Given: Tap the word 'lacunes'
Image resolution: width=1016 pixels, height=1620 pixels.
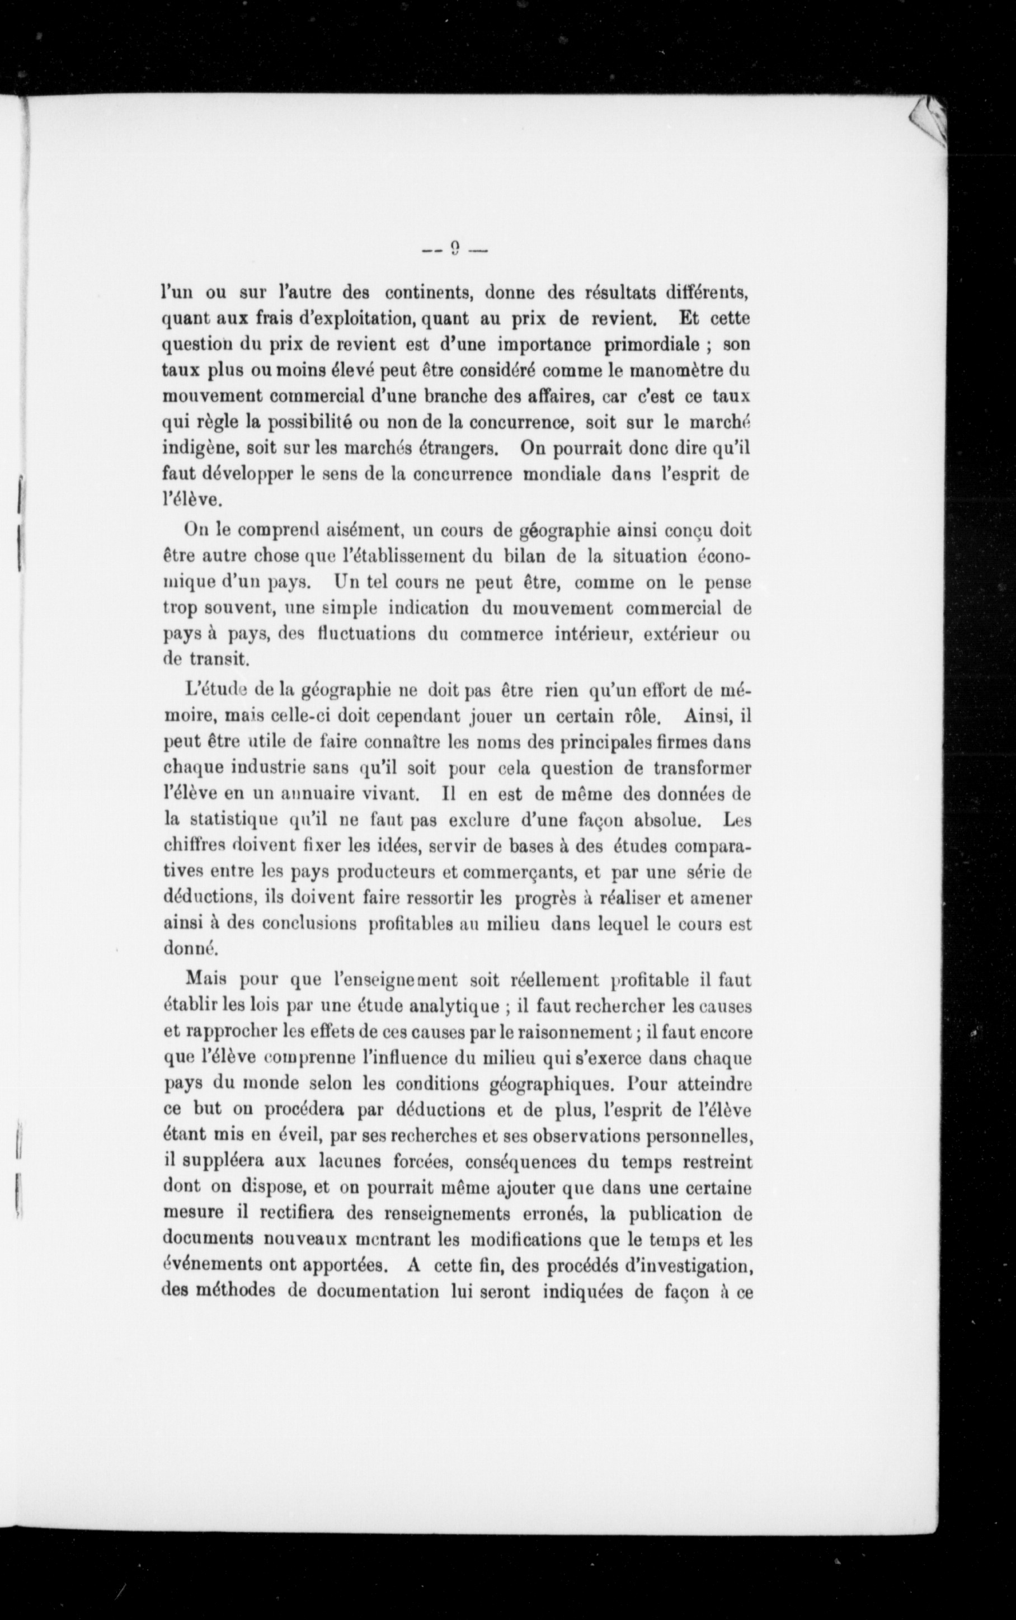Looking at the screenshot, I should pyautogui.click(x=347, y=1161).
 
